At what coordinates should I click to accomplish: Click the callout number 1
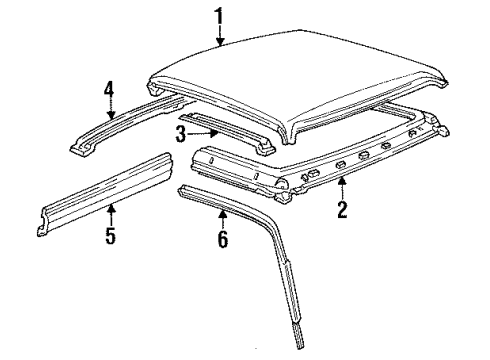pos(219,17)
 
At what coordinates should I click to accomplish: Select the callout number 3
pos(181,134)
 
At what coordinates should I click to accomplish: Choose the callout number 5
pos(111,236)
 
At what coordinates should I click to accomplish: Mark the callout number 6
pos(223,239)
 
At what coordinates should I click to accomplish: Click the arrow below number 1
pos(219,36)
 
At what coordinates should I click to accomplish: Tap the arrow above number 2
pos(342,189)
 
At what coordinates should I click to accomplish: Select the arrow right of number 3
pos(203,134)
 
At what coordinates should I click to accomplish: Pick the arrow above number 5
pos(111,215)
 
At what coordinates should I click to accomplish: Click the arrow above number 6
pos(223,219)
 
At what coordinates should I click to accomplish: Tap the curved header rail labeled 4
pos(127,123)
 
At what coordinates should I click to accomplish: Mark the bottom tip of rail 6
pos(300,348)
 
